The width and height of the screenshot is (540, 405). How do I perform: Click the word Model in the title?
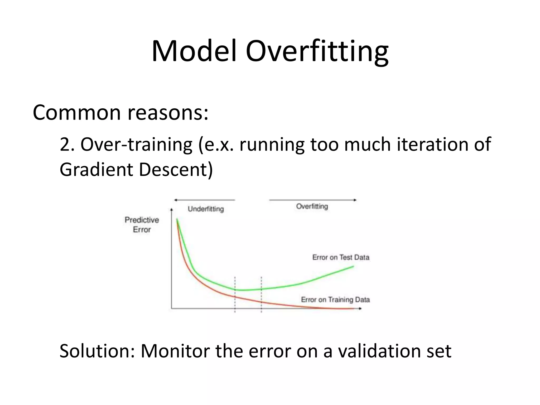pyautogui.click(x=194, y=51)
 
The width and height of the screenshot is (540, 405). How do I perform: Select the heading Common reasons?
pyautogui.click(x=120, y=113)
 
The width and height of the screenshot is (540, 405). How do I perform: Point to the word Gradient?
pyautogui.click(x=96, y=170)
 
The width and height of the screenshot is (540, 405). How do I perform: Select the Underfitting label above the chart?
pyautogui.click(x=206, y=209)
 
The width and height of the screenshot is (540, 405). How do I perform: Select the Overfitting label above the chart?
pyautogui.click(x=312, y=206)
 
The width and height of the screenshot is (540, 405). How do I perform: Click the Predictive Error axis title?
pyautogui.click(x=142, y=225)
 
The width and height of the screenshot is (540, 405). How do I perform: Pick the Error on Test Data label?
pyautogui.click(x=341, y=257)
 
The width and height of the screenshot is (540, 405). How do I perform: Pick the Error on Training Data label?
pyautogui.click(x=335, y=300)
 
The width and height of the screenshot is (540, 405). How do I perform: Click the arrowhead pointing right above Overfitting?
pyautogui.click(x=355, y=200)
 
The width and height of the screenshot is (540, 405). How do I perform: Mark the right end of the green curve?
pyautogui.click(x=353, y=267)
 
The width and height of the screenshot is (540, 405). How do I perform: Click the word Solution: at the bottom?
pyautogui.click(x=97, y=351)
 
